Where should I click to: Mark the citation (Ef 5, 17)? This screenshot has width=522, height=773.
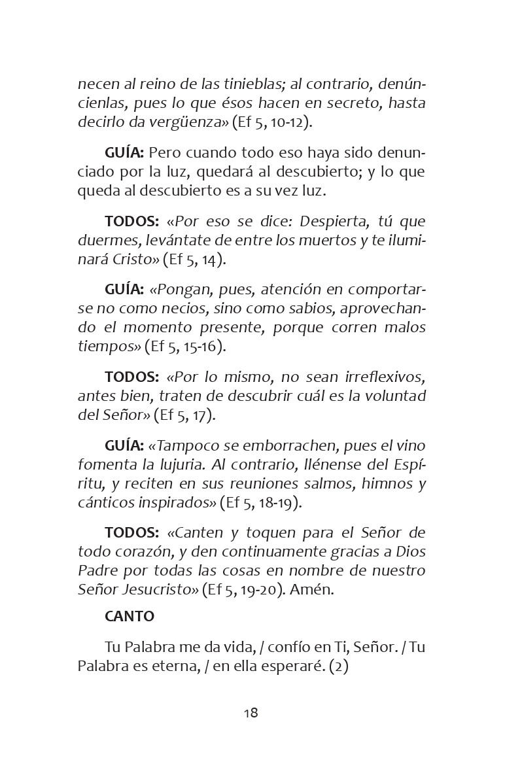[184, 415]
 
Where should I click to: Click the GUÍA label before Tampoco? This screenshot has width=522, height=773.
[124, 446]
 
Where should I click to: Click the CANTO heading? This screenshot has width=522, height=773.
[130, 617]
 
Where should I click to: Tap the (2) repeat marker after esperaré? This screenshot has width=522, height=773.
[339, 666]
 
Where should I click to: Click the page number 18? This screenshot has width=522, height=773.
[251, 713]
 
